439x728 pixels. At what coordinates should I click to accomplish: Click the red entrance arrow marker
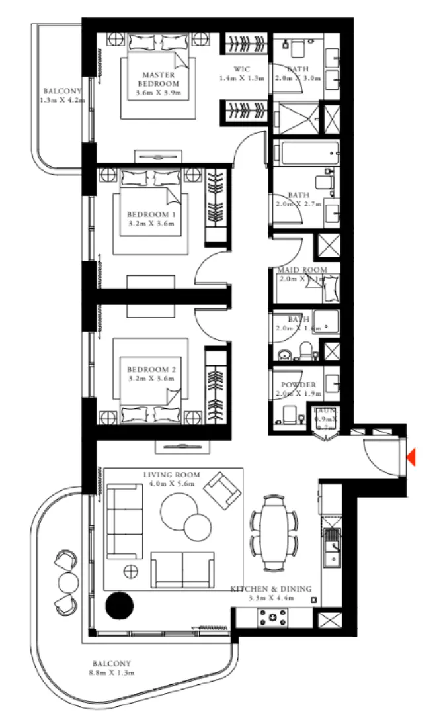click(411, 457)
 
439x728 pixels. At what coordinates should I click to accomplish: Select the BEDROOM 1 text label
click(151, 215)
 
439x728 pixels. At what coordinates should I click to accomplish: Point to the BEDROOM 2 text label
click(151, 369)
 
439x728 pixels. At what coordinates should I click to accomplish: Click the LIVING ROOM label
click(171, 475)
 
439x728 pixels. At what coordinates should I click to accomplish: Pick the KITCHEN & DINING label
click(270, 589)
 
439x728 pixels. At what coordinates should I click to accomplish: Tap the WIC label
click(241, 69)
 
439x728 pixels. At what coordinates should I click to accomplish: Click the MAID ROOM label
click(301, 270)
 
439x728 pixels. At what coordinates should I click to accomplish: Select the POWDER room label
click(298, 385)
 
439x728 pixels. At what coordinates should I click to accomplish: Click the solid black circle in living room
click(120, 605)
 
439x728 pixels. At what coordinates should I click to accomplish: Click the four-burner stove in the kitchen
click(271, 618)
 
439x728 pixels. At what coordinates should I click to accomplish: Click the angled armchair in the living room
click(221, 489)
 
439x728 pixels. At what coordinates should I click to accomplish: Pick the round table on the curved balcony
click(69, 582)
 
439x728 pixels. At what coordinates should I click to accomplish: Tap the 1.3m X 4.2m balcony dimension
click(60, 100)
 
